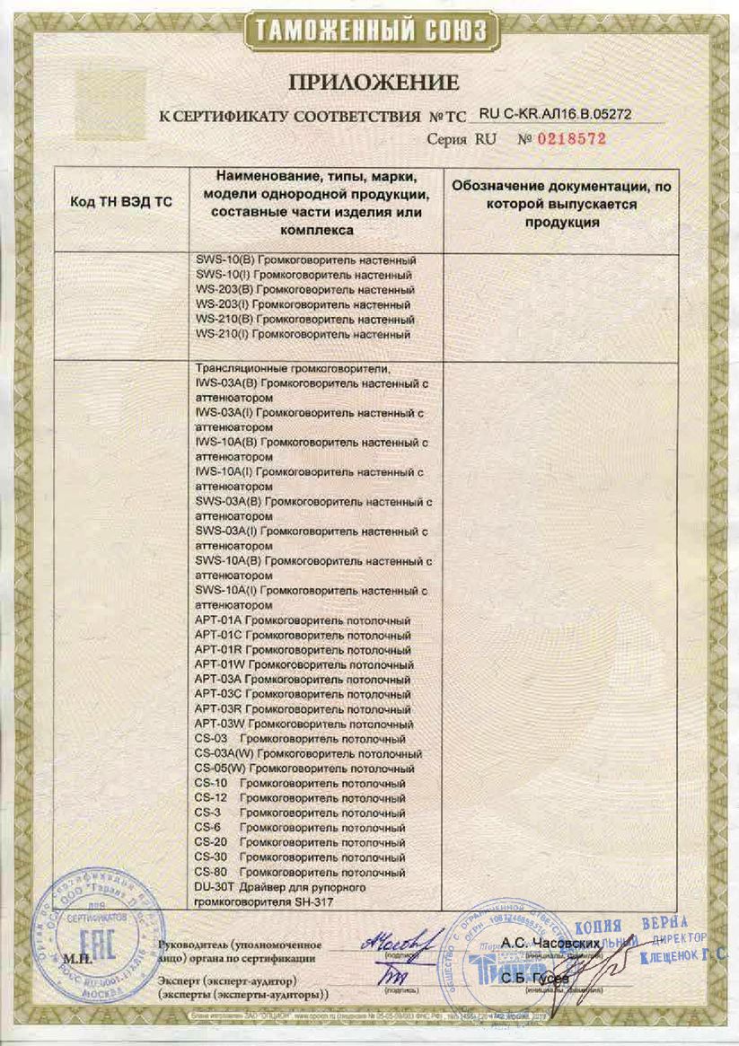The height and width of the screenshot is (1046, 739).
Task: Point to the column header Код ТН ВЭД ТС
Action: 120,203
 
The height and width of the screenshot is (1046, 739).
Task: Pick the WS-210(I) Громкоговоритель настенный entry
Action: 303,335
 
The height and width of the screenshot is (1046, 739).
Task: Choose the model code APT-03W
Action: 218,724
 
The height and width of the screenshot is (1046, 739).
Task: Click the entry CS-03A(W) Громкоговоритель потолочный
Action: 308,754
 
